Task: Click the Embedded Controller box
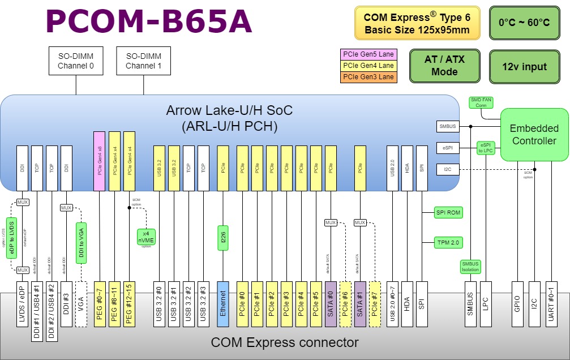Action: click(534, 134)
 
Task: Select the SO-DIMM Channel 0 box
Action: click(76, 61)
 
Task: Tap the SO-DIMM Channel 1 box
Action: click(143, 61)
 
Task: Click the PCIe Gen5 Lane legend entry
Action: click(368, 55)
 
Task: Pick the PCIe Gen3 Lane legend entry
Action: click(368, 76)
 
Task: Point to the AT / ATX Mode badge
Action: click(444, 66)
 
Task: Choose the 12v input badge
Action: click(524, 67)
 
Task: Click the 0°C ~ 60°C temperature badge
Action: click(524, 23)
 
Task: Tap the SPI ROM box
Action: click(448, 213)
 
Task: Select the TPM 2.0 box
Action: click(448, 242)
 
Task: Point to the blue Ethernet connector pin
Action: click(223, 303)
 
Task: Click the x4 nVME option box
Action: click(146, 237)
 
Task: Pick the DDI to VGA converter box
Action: click(81, 243)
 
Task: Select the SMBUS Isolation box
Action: click(470, 266)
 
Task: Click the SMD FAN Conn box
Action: click(481, 102)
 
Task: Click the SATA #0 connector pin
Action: click(330, 303)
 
